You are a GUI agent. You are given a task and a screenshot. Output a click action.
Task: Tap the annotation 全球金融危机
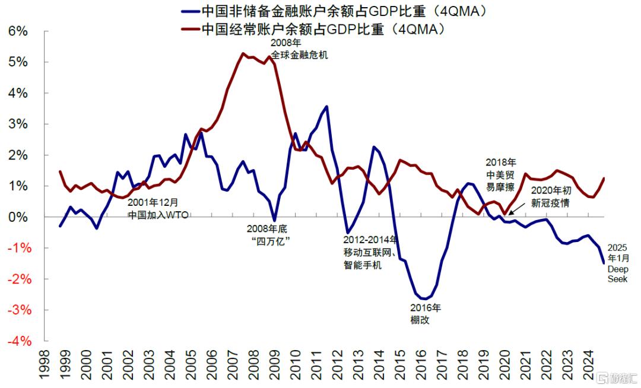point(299,55)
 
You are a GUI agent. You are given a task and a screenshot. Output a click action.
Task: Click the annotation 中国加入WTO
point(158,215)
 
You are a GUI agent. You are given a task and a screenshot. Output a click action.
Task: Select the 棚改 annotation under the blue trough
point(419,320)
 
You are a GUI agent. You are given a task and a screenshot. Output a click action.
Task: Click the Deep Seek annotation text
point(617,274)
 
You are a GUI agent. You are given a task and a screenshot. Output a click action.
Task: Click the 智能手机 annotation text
point(362,265)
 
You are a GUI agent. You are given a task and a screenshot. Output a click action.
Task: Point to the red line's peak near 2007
point(243,53)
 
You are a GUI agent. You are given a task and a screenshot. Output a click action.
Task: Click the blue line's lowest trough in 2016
point(424,298)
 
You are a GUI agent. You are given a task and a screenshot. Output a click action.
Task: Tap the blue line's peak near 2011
point(326,106)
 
